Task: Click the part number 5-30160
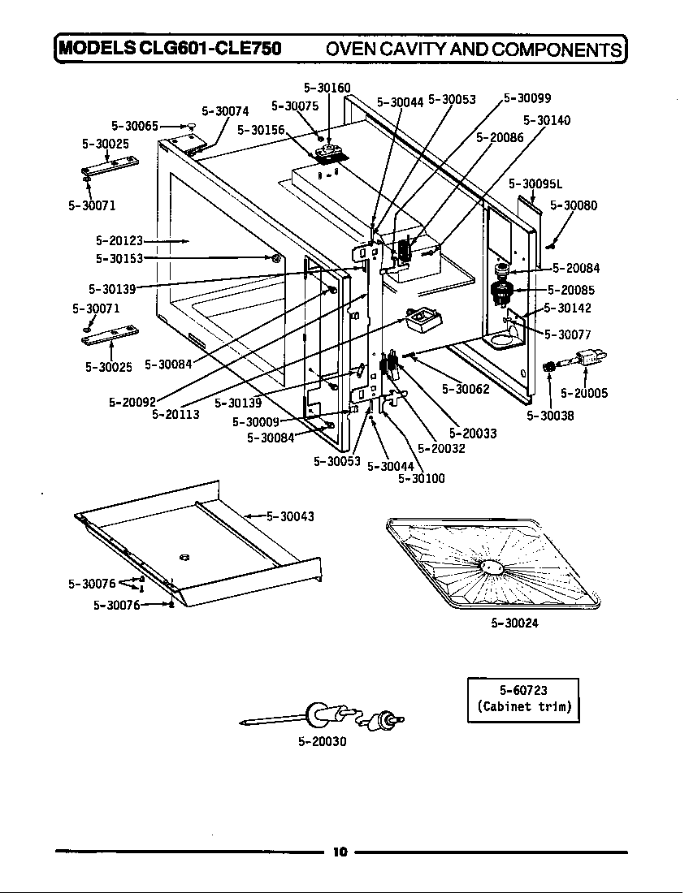point(327,88)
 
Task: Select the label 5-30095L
point(535,184)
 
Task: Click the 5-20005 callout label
point(584,394)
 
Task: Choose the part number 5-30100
point(422,478)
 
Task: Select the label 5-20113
point(175,414)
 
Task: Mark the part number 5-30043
point(291,516)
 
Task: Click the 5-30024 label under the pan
point(514,623)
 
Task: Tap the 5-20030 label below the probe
point(323,742)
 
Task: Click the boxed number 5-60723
point(523,691)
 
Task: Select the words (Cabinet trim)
point(523,706)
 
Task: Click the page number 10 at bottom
point(340,852)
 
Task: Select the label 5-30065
point(134,126)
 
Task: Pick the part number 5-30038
point(550,416)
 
